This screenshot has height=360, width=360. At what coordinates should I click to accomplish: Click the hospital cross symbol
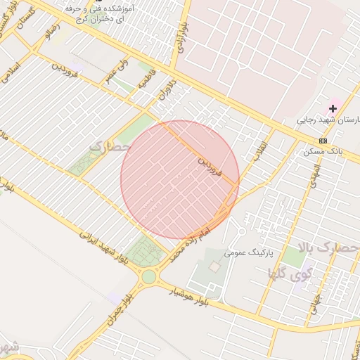tap(333, 108)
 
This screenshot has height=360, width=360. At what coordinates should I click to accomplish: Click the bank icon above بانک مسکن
tap(323, 141)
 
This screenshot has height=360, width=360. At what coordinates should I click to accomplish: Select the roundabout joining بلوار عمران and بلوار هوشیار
tap(148, 276)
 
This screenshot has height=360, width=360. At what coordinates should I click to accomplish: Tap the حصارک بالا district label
tap(328, 248)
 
